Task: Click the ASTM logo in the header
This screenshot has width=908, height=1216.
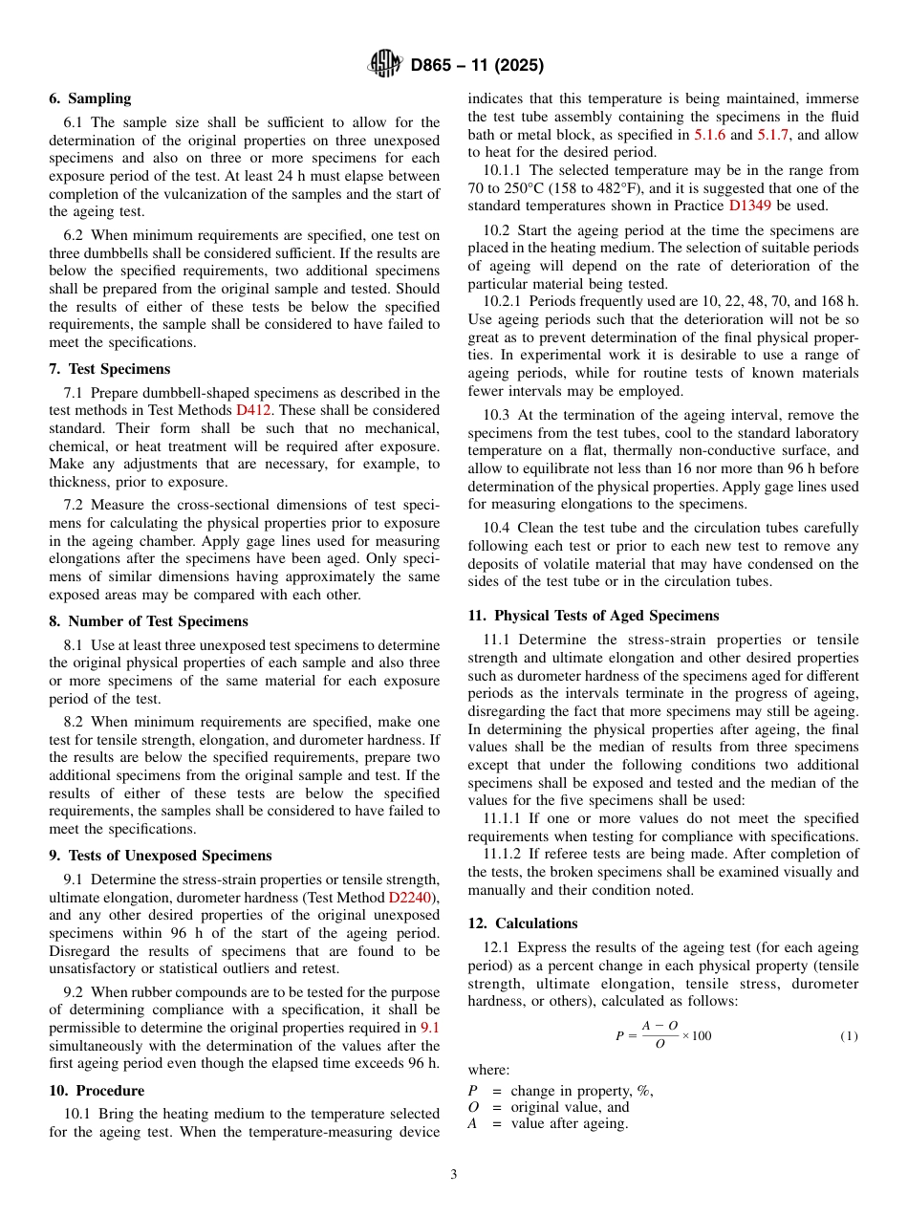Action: (x=384, y=65)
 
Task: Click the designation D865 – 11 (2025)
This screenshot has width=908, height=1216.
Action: (x=477, y=66)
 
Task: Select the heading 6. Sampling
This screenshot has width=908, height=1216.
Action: (x=90, y=98)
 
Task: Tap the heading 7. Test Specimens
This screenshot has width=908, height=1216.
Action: (x=109, y=369)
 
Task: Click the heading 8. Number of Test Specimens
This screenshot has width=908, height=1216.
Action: (x=148, y=621)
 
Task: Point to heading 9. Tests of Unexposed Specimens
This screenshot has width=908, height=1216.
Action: (x=160, y=856)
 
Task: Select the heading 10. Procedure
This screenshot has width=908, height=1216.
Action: (x=97, y=1091)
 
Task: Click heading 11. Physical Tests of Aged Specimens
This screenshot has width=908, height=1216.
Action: (x=593, y=616)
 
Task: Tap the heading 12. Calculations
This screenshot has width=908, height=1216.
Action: (x=523, y=923)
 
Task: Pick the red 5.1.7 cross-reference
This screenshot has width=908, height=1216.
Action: (x=773, y=135)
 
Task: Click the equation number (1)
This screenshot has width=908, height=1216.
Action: (x=849, y=1036)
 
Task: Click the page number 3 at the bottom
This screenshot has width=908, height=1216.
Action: (x=454, y=1175)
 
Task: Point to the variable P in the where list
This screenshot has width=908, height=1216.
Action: (x=472, y=1091)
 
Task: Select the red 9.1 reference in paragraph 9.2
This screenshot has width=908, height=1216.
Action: (x=430, y=1027)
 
